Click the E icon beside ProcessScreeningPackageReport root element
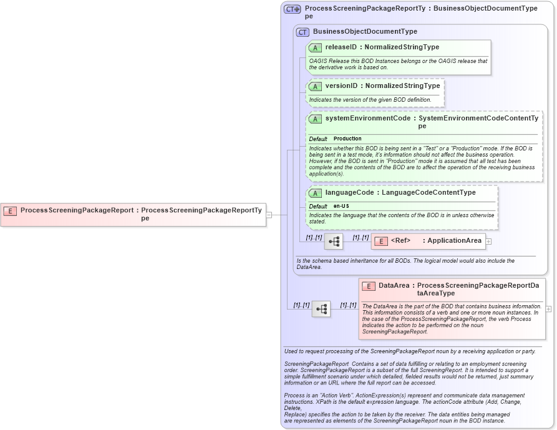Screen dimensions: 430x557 click(10, 211)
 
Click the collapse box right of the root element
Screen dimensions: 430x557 click(269, 215)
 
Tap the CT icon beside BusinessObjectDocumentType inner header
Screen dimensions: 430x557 click(303, 32)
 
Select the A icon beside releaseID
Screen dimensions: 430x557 click(315, 47)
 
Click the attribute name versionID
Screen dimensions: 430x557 click(341, 86)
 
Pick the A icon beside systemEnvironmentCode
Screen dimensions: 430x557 click(315, 118)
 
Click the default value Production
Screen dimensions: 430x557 click(347, 139)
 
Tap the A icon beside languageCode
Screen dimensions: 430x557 click(315, 193)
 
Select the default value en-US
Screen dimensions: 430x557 click(341, 206)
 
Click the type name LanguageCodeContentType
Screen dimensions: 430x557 click(429, 193)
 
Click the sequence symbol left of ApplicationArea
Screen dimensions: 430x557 click(333, 241)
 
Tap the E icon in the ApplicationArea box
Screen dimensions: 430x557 click(381, 241)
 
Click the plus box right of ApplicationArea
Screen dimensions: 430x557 click(488, 241)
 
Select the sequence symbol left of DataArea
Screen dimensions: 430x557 click(321, 309)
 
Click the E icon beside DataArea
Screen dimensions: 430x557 click(369, 286)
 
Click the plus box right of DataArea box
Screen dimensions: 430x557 click(548, 309)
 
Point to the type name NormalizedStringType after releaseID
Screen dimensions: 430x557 click(402, 47)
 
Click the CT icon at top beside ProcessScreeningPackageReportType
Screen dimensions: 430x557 click(292, 9)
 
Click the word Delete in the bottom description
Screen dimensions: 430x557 click(293, 409)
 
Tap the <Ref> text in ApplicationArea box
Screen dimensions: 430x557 click(400, 241)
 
